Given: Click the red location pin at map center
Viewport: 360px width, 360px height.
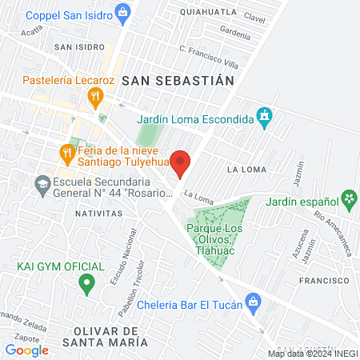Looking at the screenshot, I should (181, 162).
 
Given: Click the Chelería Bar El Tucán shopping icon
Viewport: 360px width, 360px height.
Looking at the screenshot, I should (253, 302).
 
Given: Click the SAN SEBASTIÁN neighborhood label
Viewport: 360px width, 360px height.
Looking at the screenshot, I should (178, 80).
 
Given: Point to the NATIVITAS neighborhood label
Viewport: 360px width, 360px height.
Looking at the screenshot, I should (98, 214).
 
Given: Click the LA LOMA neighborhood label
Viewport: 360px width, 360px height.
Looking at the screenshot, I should (244, 170).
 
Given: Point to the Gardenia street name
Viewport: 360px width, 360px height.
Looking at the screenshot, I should (235, 34).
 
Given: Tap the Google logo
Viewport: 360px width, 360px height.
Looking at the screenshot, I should (26, 349).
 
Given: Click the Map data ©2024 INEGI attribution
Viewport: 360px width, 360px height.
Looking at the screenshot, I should (312, 354).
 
